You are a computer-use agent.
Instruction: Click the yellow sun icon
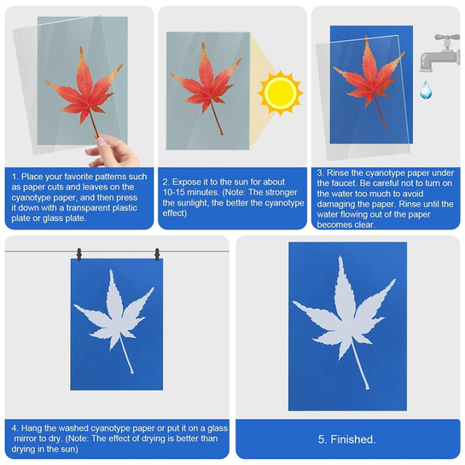point(280,92)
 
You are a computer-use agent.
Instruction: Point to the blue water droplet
point(426,90)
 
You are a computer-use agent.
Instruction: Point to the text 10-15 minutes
point(193,192)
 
